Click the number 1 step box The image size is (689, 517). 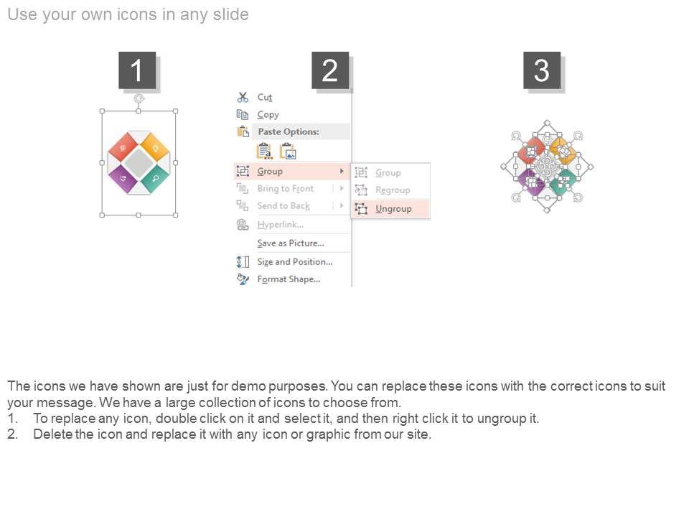137,70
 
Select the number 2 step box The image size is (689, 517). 330,70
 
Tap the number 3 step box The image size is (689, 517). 542,70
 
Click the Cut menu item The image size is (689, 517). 265,97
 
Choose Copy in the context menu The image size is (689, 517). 268,115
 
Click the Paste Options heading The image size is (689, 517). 289,131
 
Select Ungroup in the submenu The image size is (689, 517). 393,209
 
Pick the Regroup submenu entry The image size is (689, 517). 393,190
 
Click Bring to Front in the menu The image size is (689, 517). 285,189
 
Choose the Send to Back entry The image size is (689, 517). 283,206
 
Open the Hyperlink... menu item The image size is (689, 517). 281,225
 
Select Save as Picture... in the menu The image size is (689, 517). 291,243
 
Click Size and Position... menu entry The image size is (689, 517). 295,262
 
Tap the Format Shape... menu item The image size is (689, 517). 289,279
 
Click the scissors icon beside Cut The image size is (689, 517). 243,97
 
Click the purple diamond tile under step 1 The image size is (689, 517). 123,178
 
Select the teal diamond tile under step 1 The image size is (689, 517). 155,178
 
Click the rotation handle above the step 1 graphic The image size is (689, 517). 139,98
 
